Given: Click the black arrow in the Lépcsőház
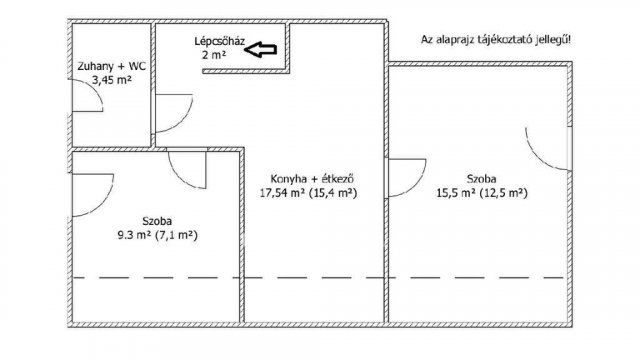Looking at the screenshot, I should (x=263, y=49).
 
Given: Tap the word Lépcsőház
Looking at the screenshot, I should (x=219, y=42).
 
